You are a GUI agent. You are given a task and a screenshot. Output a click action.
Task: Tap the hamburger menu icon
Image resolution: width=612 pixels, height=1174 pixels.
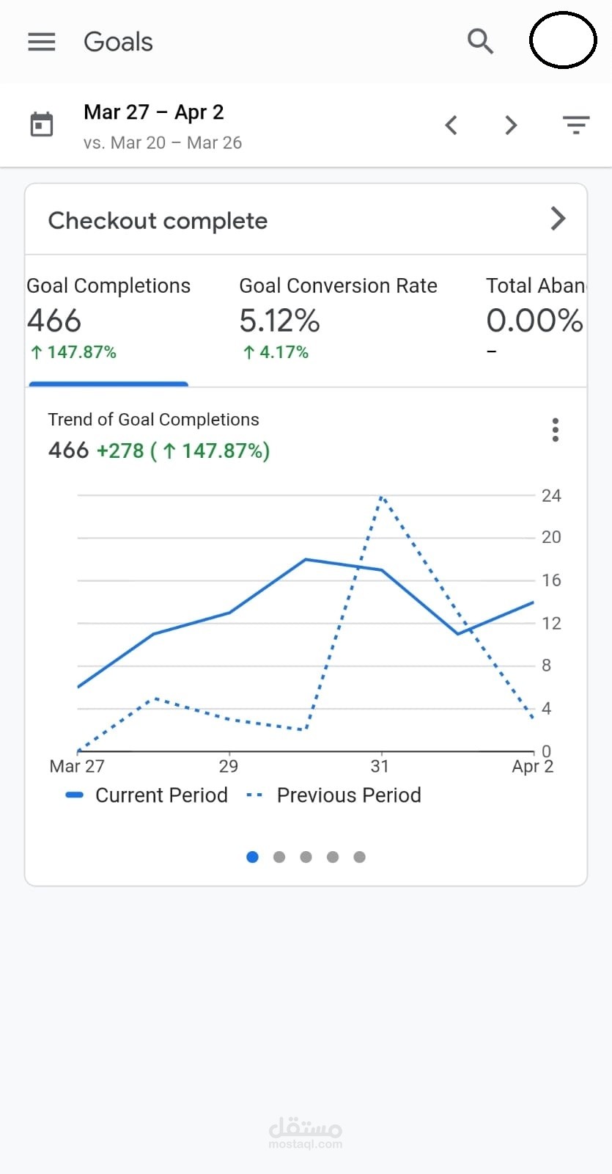click(x=42, y=42)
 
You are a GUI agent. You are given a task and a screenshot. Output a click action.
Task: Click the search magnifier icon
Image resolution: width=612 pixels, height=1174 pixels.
click(x=480, y=42)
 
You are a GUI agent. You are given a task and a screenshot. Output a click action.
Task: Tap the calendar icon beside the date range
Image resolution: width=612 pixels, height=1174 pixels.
click(x=42, y=125)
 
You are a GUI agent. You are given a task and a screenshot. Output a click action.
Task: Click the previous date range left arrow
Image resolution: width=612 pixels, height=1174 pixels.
click(x=451, y=125)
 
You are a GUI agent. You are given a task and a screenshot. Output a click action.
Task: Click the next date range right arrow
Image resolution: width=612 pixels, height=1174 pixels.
click(x=511, y=125)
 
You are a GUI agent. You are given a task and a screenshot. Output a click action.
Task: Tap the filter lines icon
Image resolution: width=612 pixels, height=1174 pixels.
click(x=576, y=125)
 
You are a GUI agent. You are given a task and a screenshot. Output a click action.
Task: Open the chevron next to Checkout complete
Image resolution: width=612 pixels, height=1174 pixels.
click(x=558, y=219)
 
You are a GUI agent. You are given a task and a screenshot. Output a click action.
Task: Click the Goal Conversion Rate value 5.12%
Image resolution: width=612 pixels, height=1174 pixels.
click(x=279, y=321)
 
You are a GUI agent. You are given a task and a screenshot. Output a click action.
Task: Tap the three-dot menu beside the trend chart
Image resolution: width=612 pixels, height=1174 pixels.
click(x=556, y=430)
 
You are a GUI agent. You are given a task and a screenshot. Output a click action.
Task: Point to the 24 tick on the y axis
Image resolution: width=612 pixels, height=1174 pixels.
click(x=551, y=496)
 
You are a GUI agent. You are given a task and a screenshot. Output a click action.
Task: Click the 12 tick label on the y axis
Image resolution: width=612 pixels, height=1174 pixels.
click(x=551, y=624)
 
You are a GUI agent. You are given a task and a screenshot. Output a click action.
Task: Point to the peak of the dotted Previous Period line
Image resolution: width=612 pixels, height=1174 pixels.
click(x=382, y=497)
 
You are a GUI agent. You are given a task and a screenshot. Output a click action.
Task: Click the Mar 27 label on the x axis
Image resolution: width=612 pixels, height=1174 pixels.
click(x=77, y=767)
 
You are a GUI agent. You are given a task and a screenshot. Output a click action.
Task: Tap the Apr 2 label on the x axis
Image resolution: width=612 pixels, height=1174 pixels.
click(x=532, y=767)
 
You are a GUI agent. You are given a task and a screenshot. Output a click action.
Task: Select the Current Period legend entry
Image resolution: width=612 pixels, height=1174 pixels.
click(x=147, y=795)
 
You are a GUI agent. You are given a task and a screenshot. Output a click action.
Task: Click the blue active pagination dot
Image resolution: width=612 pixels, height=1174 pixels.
click(x=253, y=857)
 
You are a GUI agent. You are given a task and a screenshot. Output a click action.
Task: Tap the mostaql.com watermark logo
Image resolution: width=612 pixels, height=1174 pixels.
click(x=306, y=1132)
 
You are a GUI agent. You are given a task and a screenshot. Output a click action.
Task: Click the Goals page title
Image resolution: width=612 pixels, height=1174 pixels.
click(x=118, y=42)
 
